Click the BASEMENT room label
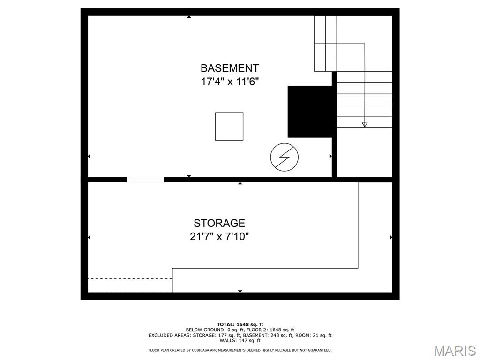tap(230, 68)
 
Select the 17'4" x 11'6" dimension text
tap(230, 82)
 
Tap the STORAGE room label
tap(219, 223)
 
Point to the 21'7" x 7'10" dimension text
tap(219, 237)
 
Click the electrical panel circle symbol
tap(285, 157)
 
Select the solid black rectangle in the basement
tap(310, 112)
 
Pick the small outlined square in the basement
tap(229, 127)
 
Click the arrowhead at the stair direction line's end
tap(364, 124)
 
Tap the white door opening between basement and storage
tap(145, 180)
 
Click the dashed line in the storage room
tap(130, 278)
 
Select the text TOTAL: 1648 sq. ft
tap(240, 324)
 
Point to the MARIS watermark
tap(455, 351)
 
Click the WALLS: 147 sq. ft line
tap(240, 340)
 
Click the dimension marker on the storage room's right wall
tap(391, 237)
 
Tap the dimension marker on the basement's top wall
tap(189, 17)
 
